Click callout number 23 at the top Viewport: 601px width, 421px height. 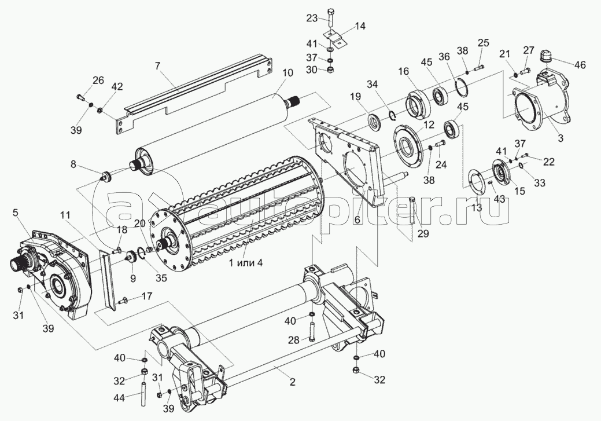coord(312,18)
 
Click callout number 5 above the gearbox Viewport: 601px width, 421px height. coord(16,212)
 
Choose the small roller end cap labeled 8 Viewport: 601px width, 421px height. coord(106,175)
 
